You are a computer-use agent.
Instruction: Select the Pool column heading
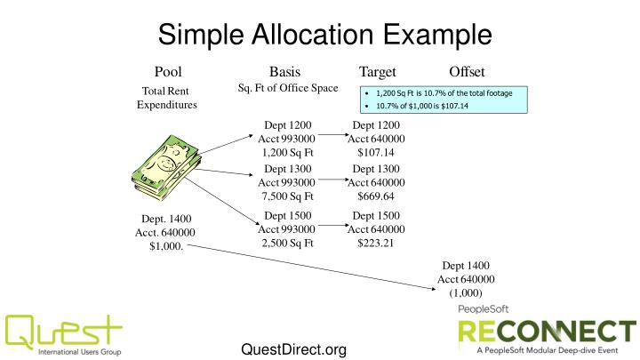(x=168, y=72)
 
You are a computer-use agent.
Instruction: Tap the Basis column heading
(x=284, y=72)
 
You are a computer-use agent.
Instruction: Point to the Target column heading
(x=377, y=72)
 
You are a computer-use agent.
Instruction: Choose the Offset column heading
(x=467, y=72)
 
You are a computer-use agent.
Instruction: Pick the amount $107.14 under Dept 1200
(x=376, y=152)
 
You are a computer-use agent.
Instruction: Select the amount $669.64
(x=376, y=196)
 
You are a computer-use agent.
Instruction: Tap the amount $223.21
(x=376, y=242)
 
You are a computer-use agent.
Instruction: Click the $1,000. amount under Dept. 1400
(x=167, y=247)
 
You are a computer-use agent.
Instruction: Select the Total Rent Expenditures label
(x=166, y=98)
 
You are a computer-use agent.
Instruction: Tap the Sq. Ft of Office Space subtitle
(x=287, y=87)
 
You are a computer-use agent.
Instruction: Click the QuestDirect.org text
(x=293, y=349)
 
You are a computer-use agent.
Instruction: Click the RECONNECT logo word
(x=547, y=332)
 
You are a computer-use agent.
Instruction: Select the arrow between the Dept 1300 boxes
(x=333, y=180)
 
